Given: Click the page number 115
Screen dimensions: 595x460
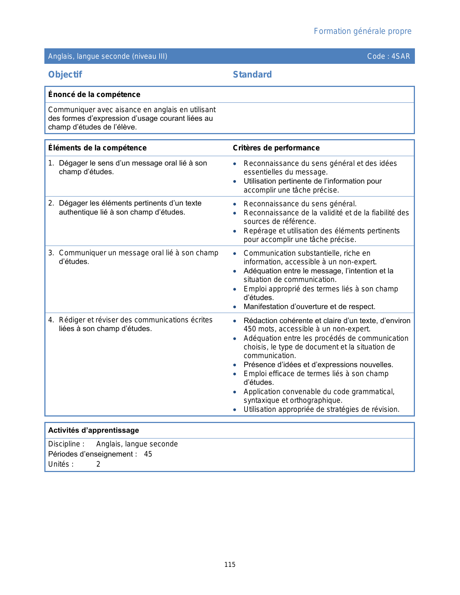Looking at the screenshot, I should pos(230,565).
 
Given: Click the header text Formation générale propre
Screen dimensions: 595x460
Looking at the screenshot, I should pos(362,31).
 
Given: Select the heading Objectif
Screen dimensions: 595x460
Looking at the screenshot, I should pos(65,75).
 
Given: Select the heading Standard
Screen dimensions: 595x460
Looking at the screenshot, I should pos(252,75).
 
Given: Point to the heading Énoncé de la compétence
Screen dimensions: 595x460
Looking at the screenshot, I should pos(94,94).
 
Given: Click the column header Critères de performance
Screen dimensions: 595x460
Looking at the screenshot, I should pos(276,148).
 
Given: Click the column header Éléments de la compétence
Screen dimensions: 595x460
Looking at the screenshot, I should pos(97,148).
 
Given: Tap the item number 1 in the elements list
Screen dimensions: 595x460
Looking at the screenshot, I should pos(51,163).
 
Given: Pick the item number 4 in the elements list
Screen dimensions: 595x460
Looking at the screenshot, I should pos(51,320).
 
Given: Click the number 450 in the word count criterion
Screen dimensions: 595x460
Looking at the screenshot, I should pos(250,329).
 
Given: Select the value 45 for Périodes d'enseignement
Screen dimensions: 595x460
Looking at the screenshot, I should pos(148,454).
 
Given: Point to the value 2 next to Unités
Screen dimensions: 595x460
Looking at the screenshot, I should pos(98,464).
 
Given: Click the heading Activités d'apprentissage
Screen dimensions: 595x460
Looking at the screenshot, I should pos(93,430).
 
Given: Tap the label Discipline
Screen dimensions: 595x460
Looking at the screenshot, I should pos(64,444).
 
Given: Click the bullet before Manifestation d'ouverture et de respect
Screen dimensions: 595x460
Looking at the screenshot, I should pos(235,307).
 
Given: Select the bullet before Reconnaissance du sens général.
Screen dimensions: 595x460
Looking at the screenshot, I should pos(235,204).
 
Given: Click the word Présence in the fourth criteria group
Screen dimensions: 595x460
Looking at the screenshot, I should pos(257,365).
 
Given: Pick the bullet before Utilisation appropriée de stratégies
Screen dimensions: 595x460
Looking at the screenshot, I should pos(235,410).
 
